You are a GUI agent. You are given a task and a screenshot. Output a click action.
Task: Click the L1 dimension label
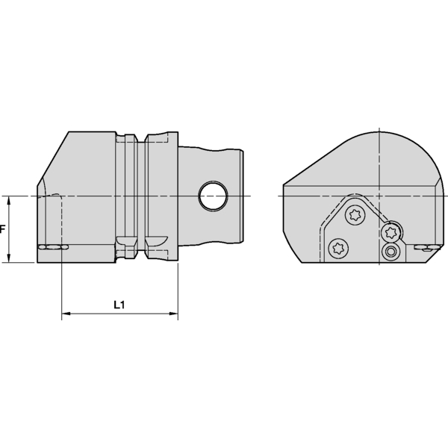(119, 305)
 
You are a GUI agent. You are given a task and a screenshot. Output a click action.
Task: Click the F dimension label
(3, 229)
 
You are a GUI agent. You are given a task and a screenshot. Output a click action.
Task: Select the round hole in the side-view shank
(214, 196)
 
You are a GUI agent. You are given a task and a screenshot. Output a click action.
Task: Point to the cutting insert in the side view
(52, 247)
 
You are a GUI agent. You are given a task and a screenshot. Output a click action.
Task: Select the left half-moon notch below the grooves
(128, 242)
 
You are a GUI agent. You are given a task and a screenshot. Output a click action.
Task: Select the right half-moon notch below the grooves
(156, 242)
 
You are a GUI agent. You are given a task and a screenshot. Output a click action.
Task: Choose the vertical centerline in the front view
(382, 164)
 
